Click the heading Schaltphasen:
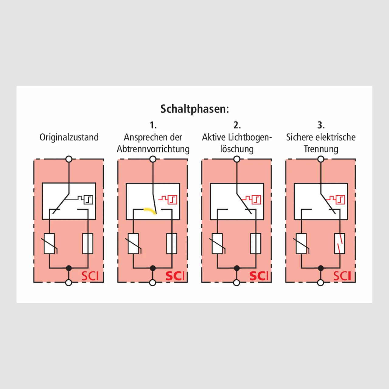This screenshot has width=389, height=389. [194, 109]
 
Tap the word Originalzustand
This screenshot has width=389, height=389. [69, 137]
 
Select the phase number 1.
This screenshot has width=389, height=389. [153, 125]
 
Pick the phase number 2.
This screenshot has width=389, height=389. [237, 125]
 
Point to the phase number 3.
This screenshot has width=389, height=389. [321, 125]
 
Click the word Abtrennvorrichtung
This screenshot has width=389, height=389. [153, 149]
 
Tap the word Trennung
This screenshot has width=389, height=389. [321, 149]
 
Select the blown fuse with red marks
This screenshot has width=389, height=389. [340, 243]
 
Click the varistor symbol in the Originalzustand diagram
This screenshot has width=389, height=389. [49, 243]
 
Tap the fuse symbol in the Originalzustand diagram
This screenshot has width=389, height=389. [88, 243]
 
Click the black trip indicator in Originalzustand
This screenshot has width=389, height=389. [85, 199]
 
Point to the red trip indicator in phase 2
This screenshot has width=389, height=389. [253, 199]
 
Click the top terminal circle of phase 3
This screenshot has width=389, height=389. [321, 159]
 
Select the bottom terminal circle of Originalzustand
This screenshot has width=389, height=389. [69, 283]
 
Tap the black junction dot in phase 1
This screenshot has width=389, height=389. [153, 268]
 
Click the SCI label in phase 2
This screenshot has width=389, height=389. [259, 276]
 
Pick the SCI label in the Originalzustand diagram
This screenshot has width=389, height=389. [90, 276]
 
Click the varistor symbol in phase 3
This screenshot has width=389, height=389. [301, 243]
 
